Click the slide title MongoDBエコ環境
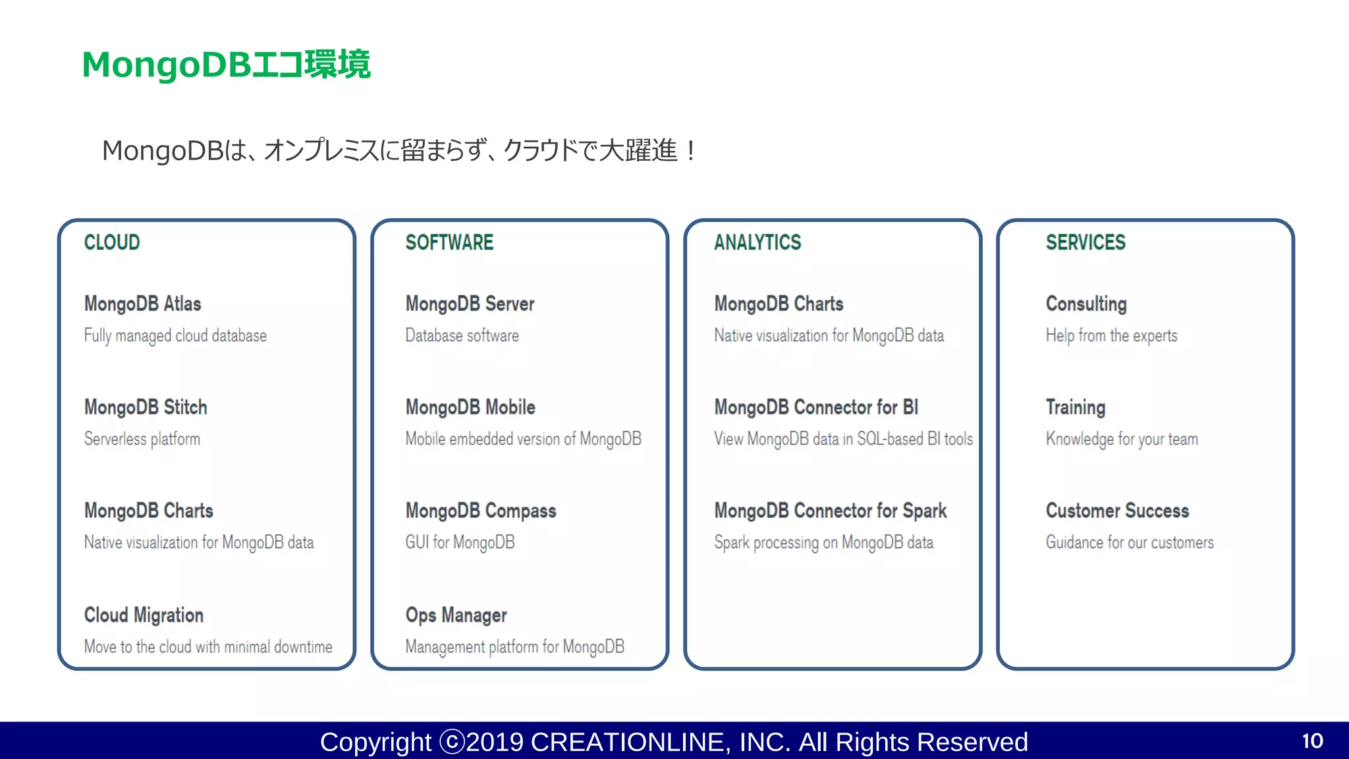pyautogui.click(x=226, y=65)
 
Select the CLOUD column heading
pyautogui.click(x=112, y=242)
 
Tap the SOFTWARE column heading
pyautogui.click(x=449, y=242)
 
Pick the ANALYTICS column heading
pyautogui.click(x=757, y=242)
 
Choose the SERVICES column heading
pyautogui.click(x=1086, y=242)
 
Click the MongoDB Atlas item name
pyautogui.click(x=142, y=304)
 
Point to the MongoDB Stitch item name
pyautogui.click(x=146, y=407)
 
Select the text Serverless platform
pyautogui.click(x=142, y=439)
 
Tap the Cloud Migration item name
pyautogui.click(x=144, y=615)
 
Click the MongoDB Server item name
pyautogui.click(x=470, y=304)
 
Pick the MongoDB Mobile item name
pyautogui.click(x=470, y=407)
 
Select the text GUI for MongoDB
pyautogui.click(x=460, y=542)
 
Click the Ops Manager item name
pyautogui.click(x=456, y=615)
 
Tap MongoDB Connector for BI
pyautogui.click(x=816, y=407)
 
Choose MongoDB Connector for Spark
pyautogui.click(x=830, y=511)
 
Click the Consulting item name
pyautogui.click(x=1086, y=304)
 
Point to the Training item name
pyautogui.click(x=1075, y=407)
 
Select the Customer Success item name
pyautogui.click(x=1117, y=511)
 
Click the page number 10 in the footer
pyautogui.click(x=1312, y=741)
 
